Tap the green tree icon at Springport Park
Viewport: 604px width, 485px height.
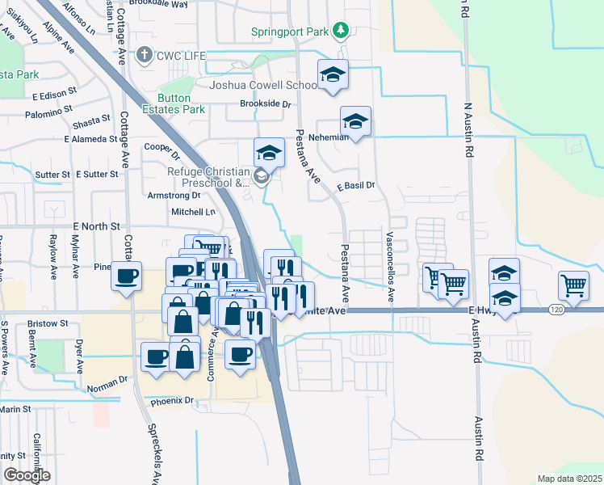[x=342, y=30]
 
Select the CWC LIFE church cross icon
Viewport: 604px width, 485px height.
[x=144, y=55]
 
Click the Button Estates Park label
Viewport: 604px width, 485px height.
[x=173, y=103]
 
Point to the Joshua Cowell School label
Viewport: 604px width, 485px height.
[x=262, y=85]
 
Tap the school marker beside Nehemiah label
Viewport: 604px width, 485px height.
[x=355, y=124]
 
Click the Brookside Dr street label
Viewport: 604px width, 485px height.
[x=265, y=103]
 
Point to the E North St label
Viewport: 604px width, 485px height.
[x=95, y=227]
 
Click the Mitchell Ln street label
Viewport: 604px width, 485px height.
[x=193, y=212]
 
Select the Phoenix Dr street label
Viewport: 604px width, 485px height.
[x=173, y=400]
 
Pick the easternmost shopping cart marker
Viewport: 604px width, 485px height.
[x=573, y=284]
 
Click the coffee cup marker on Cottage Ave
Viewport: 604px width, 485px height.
[x=126, y=276]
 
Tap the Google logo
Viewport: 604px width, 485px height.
[x=27, y=474]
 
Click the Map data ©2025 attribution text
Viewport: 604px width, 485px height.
[x=568, y=479]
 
